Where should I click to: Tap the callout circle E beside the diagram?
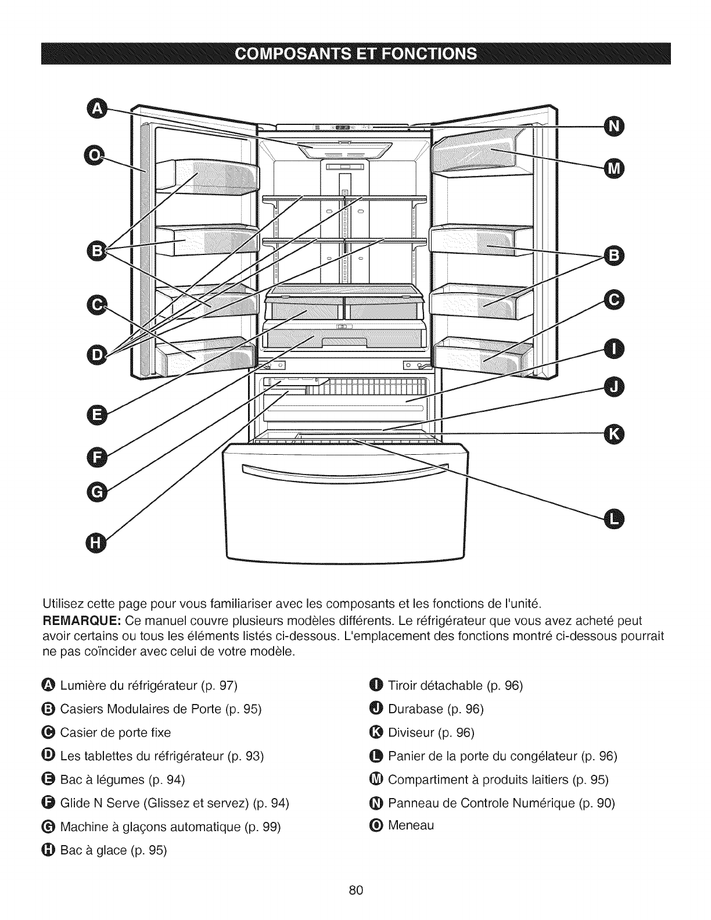coord(94,415)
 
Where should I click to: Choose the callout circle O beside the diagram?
coord(93,154)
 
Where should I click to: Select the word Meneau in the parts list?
coord(411,825)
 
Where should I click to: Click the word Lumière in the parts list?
coord(78,685)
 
